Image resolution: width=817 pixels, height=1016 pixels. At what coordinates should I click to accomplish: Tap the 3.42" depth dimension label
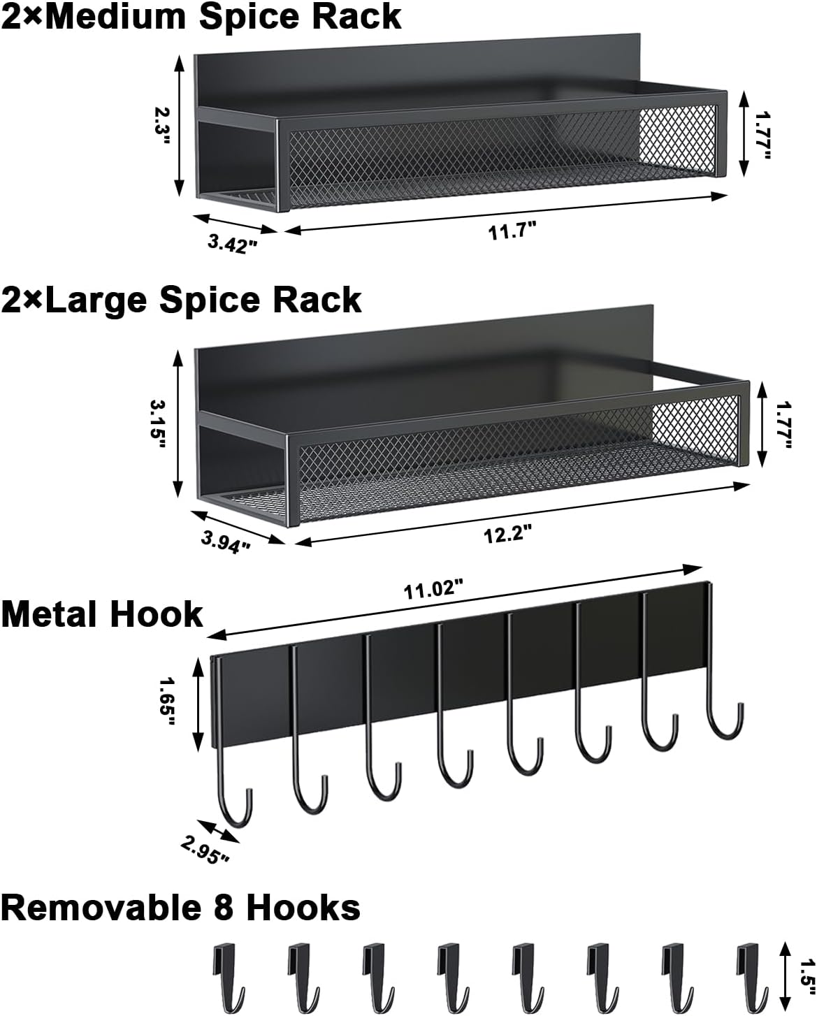coord(233,244)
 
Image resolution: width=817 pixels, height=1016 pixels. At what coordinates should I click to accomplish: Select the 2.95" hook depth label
coord(205,849)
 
